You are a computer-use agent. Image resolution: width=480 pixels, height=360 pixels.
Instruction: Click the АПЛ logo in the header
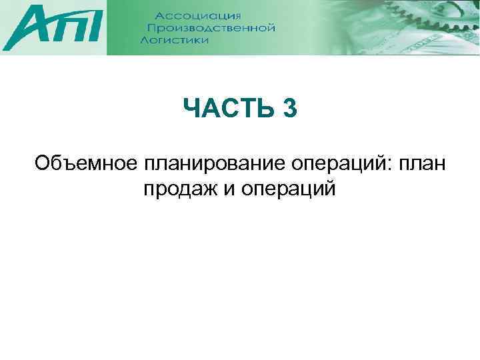(53, 29)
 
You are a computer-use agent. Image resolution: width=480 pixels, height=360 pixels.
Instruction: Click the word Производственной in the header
(211, 28)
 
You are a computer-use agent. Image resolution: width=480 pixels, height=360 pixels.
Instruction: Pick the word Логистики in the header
(175, 40)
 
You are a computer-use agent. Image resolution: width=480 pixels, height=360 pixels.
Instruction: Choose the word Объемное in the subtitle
(85, 163)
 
